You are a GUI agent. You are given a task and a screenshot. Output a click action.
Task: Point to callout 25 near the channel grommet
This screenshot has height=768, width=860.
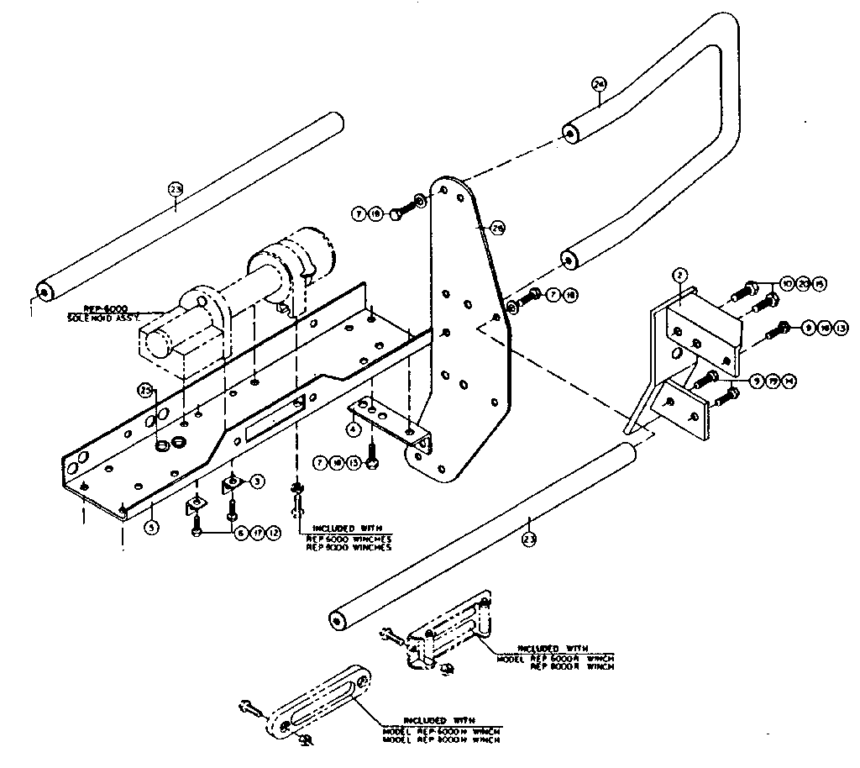tap(146, 391)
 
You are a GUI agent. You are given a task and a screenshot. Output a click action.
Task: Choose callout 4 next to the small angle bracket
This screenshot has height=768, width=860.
tap(354, 428)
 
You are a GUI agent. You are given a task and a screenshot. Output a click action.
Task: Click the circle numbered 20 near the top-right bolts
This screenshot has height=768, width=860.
tap(804, 284)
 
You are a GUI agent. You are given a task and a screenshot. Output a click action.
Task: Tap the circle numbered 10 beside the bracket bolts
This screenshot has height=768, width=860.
tap(788, 284)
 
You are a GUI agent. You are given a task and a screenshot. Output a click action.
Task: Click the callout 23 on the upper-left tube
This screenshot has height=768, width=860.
tap(175, 189)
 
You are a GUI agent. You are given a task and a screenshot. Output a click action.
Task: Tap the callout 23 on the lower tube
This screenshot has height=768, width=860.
tap(528, 539)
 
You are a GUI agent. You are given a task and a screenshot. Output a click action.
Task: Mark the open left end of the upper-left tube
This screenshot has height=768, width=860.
tap(42, 292)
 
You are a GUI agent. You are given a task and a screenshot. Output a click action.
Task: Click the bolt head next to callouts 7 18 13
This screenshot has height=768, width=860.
tap(374, 463)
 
